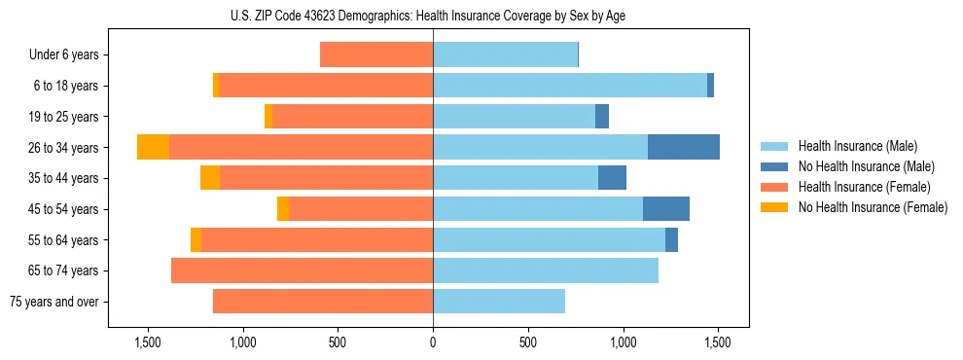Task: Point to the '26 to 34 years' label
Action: point(64,148)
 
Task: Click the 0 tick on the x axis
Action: point(433,342)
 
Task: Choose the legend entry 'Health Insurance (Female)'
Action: point(864,187)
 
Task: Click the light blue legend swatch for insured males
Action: point(775,146)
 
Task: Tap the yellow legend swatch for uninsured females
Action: point(775,207)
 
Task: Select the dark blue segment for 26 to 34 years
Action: point(683,147)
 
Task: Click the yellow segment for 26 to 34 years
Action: point(153,147)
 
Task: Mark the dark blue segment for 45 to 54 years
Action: point(665,209)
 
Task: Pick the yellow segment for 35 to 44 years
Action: point(210,178)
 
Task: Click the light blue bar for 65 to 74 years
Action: point(546,270)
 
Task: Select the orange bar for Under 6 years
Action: point(376,54)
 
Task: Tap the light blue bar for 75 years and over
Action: point(499,302)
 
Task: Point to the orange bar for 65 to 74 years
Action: point(302,270)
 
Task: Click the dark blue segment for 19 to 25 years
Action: point(602,117)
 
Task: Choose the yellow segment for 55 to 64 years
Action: point(196,239)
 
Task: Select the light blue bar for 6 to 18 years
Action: point(570,86)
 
